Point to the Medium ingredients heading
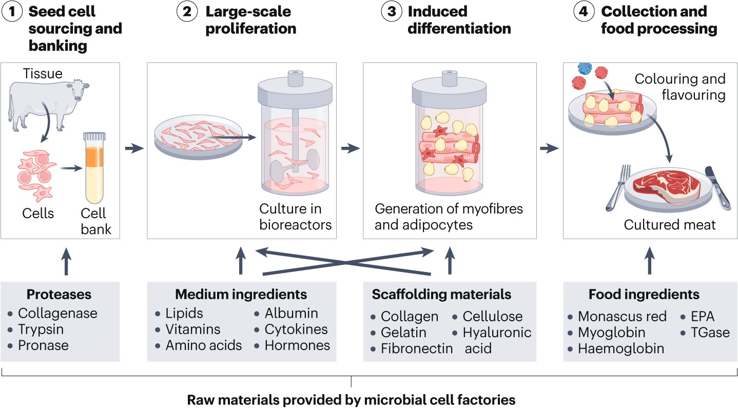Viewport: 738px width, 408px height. [241, 294]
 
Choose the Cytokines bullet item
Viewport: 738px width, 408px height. [296, 329]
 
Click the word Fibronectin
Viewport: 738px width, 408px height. [416, 349]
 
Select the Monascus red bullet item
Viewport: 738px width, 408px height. [622, 317]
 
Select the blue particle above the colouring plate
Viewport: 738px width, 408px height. [585, 68]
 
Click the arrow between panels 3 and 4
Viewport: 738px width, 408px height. [549, 148]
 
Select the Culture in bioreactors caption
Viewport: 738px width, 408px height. [295, 217]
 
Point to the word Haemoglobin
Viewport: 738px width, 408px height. [621, 349]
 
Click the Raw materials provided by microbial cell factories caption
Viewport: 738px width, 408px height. [351, 399]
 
